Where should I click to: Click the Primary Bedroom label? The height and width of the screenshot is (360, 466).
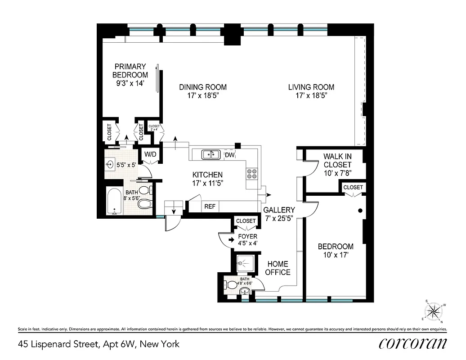coord(130,71)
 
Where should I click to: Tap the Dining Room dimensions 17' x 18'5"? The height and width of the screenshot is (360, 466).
coord(202,95)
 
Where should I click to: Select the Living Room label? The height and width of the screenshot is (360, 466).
coord(311,87)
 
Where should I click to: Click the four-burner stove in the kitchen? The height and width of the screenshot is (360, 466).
coord(251,174)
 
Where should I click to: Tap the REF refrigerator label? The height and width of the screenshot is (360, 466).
coord(210,207)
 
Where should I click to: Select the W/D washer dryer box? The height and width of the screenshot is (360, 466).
coord(150,155)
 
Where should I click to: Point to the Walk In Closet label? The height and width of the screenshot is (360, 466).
coord(337,161)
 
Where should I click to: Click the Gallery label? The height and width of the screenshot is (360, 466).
coord(279,210)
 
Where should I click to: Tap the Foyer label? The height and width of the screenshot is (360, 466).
coord(247,236)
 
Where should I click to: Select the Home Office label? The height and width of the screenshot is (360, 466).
coord(277,268)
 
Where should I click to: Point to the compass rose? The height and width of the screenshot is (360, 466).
coord(434,311)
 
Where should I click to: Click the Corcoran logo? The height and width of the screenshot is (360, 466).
coord(412,344)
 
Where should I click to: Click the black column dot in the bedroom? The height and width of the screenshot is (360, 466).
coord(360,210)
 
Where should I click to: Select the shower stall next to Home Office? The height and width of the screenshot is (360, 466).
coord(245,263)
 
